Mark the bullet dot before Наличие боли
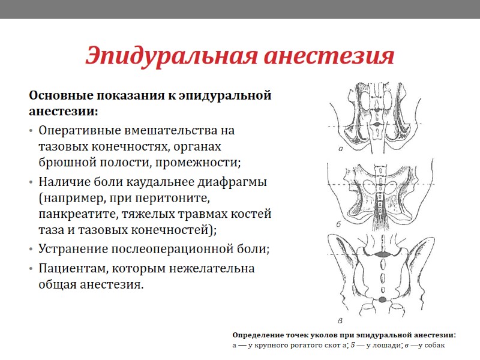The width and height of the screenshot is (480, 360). click(x=31, y=182)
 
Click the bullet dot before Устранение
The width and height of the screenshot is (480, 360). click(x=31, y=249)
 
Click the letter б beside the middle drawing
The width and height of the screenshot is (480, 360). click(x=339, y=224)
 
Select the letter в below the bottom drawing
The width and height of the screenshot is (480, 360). click(x=341, y=319)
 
